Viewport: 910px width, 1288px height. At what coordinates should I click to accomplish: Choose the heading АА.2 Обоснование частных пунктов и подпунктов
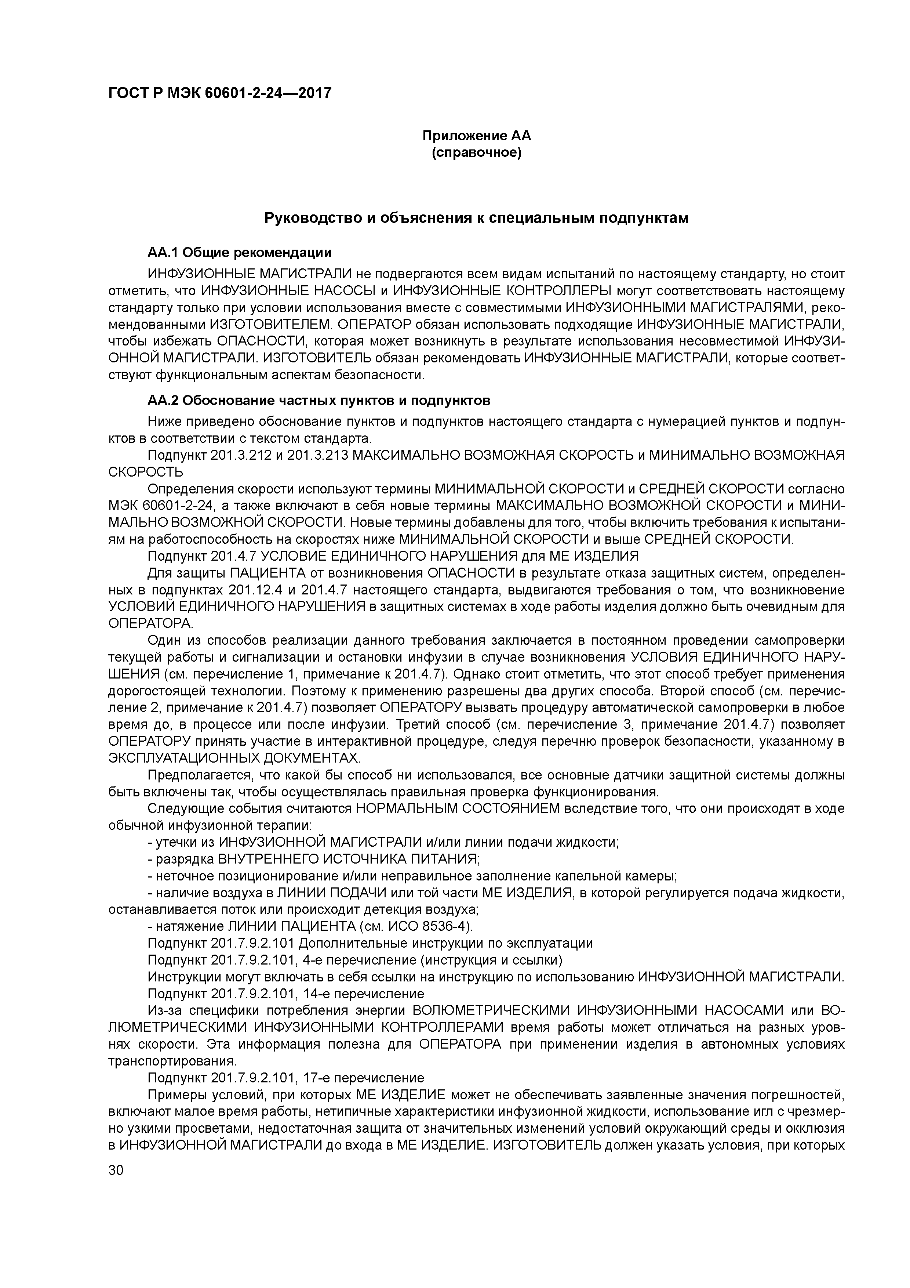click(318, 401)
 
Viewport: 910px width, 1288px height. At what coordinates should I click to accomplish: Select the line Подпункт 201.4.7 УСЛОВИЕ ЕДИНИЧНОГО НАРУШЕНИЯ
click(393, 556)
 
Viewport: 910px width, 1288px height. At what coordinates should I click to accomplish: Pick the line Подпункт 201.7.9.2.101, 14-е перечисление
click(286, 994)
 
